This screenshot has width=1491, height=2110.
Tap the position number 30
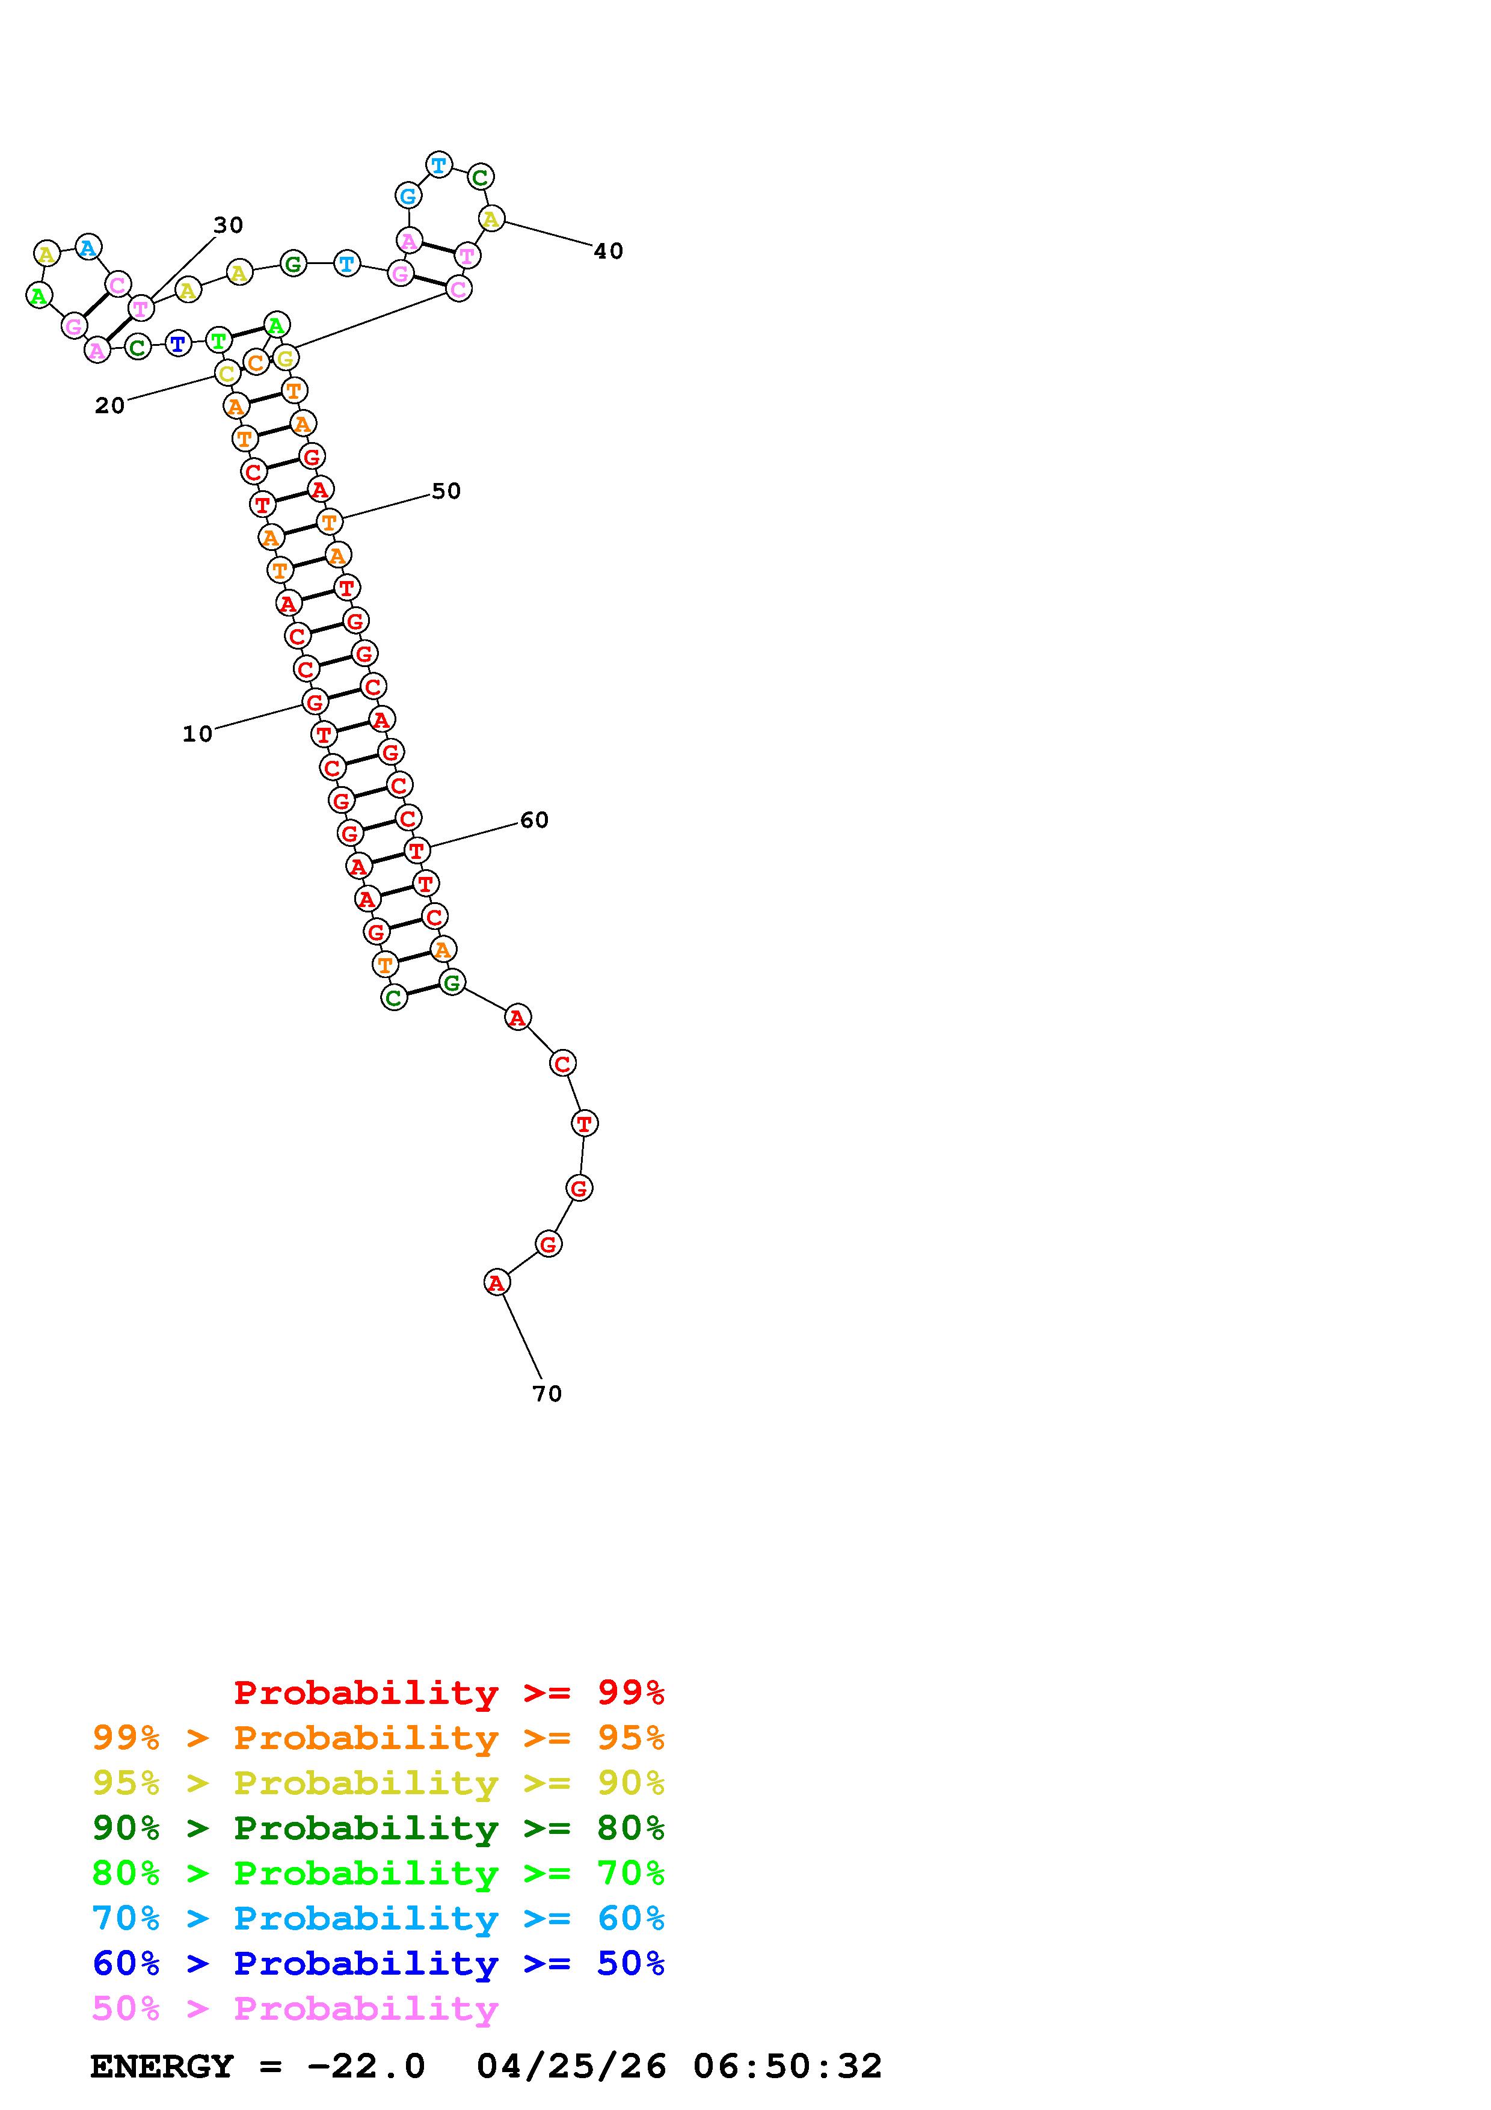[228, 225]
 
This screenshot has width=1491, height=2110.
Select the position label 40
[608, 251]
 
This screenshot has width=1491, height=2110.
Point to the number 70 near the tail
[547, 1394]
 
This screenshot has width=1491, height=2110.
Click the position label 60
[533, 820]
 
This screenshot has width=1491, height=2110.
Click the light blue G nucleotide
[408, 195]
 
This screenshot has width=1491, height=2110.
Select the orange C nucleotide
[256, 362]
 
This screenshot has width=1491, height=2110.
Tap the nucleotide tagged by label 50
[328, 522]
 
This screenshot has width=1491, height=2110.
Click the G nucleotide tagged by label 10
[314, 702]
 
